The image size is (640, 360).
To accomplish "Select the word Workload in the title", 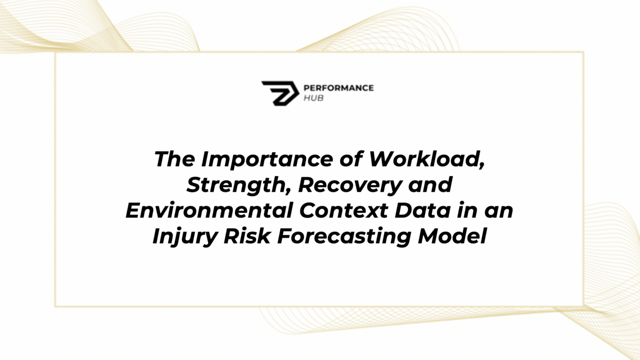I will click(426, 159).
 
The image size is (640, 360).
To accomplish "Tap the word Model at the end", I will click(452, 236).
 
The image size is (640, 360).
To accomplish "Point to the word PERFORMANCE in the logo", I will click(338, 88).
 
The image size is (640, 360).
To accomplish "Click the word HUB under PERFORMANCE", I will click(313, 98).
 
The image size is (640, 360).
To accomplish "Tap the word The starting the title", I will click(175, 159).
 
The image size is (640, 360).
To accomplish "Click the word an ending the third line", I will click(500, 210).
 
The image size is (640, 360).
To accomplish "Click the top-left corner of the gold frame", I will click(55, 52).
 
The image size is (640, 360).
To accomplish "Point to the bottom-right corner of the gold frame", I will click(583, 305).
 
